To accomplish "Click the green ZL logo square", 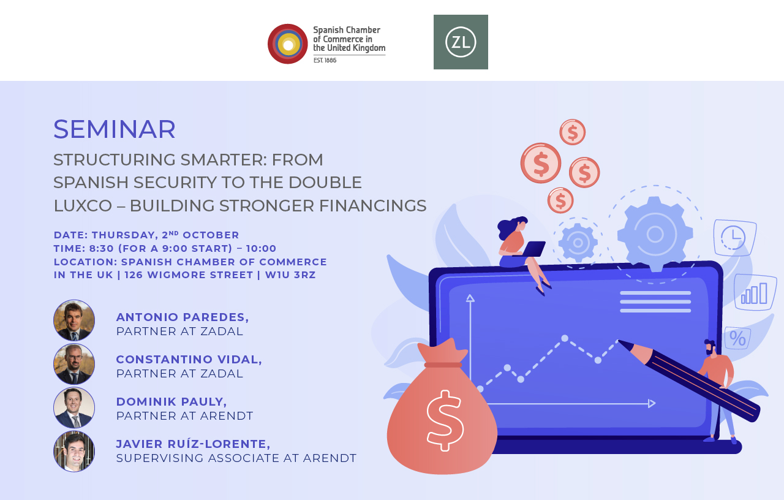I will (461, 42).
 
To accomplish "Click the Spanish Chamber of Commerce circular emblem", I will (288, 44).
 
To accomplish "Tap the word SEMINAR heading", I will (115, 129).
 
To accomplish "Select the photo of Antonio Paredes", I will (74, 320).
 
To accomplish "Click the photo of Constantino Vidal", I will (74, 364).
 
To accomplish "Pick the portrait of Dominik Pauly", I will (74, 407).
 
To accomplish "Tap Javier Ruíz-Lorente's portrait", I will (74, 452).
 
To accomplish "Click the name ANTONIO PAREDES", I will (182, 317).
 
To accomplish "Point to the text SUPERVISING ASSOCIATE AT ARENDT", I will (236, 458).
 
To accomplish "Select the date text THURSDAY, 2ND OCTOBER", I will (165, 235).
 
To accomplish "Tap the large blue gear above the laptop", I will (655, 234).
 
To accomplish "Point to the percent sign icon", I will (737, 339).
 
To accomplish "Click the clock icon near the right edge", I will (734, 238).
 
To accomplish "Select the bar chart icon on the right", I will (754, 293).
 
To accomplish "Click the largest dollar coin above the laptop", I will (541, 164).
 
